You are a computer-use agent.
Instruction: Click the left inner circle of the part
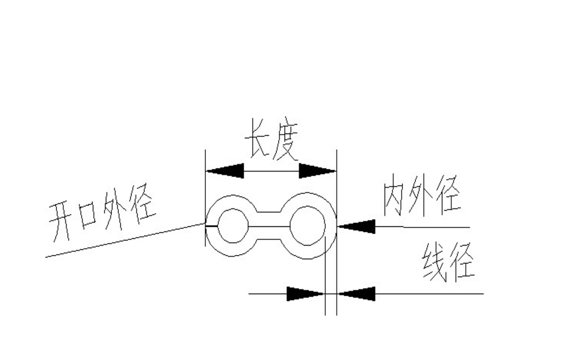pyautogui.click(x=233, y=226)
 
